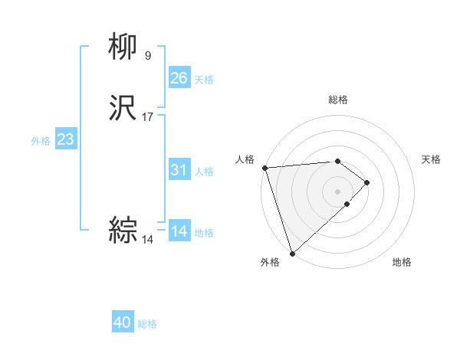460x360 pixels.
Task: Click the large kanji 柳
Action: [x=123, y=47]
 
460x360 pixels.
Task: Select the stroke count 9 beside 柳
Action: [x=147, y=55]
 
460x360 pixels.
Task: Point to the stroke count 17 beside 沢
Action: [x=148, y=117]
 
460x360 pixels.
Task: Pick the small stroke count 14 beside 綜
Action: [x=148, y=239]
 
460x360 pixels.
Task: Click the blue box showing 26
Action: [x=179, y=77]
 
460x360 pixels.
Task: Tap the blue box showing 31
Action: [x=179, y=170]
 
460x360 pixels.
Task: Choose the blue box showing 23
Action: [x=65, y=139]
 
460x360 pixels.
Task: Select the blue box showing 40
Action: [x=123, y=322]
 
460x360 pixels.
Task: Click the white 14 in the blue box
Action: [x=179, y=231]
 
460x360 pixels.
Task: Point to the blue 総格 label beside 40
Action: [x=147, y=324]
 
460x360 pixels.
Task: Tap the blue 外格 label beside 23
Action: [x=41, y=141]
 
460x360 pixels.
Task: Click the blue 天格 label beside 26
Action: [x=204, y=79]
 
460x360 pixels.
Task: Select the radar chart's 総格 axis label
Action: [x=338, y=100]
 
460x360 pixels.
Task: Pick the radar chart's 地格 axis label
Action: [x=402, y=262]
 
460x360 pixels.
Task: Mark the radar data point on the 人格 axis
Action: [x=264, y=168]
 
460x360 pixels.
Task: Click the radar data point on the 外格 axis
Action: [x=292, y=253]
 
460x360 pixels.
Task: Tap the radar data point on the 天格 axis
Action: [x=367, y=182]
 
